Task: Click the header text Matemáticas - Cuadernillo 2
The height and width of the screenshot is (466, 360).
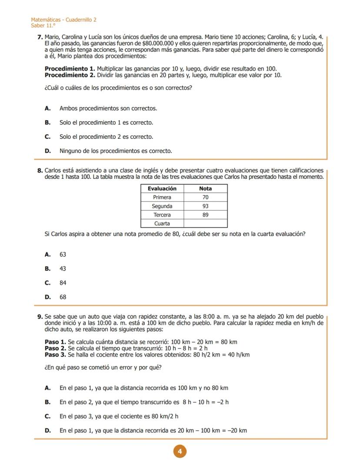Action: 63,20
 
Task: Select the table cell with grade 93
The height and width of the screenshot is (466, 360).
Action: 205,206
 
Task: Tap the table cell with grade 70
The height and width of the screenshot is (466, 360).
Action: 205,198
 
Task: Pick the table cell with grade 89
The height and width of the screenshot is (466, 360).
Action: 205,215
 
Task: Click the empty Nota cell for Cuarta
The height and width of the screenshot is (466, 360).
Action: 205,224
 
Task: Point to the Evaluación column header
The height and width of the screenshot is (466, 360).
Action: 162,188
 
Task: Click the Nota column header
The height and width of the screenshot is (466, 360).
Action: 205,188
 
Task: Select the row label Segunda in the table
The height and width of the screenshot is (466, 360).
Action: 162,206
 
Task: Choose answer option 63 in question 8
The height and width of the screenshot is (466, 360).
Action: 63,255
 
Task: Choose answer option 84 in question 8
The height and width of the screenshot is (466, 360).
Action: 63,283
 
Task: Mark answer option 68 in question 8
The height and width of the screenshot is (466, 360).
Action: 63,297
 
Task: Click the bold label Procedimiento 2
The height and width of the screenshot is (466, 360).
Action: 70,75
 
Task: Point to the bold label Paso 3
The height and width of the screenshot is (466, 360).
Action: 56,355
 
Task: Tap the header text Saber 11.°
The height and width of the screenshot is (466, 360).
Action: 40,26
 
